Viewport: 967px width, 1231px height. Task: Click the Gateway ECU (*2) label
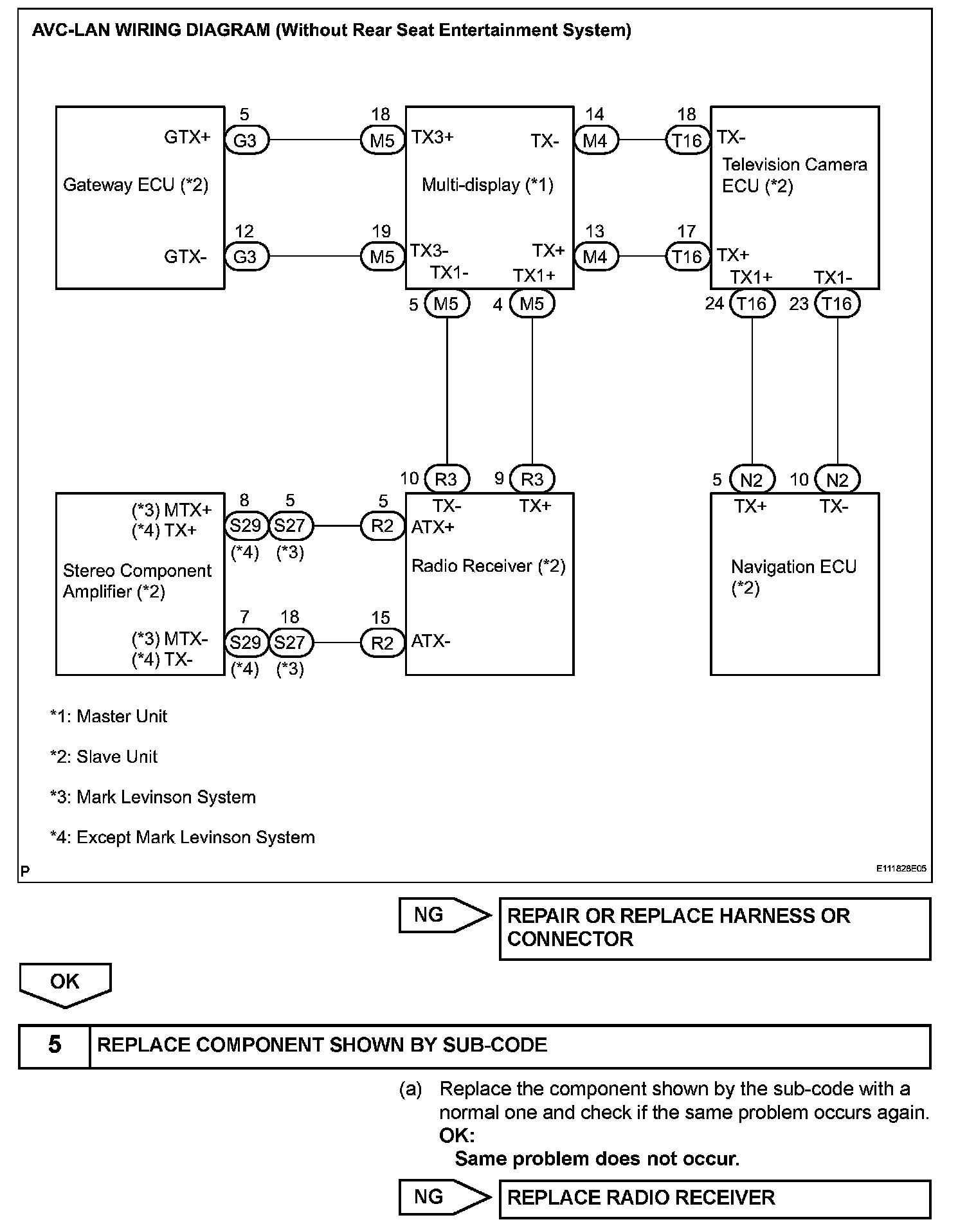pyautogui.click(x=136, y=185)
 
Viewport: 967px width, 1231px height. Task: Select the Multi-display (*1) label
pyautogui.click(x=487, y=185)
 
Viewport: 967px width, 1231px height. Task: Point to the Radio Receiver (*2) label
pyautogui.click(x=488, y=566)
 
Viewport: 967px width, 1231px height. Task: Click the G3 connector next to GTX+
pyautogui.click(x=246, y=140)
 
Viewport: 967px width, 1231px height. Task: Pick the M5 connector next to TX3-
pyautogui.click(x=383, y=257)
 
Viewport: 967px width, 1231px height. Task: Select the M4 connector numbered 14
pyautogui.click(x=595, y=140)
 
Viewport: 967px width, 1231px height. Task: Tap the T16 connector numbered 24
pyautogui.click(x=752, y=304)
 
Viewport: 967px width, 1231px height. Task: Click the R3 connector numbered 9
pyautogui.click(x=532, y=479)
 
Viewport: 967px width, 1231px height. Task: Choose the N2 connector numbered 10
pyautogui.click(x=837, y=479)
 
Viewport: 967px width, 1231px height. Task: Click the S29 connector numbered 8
pyautogui.click(x=246, y=526)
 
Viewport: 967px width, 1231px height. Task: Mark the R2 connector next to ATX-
pyautogui.click(x=383, y=643)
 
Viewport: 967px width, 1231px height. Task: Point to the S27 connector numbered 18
pyautogui.click(x=290, y=643)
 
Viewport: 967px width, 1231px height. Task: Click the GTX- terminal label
pyautogui.click(x=185, y=257)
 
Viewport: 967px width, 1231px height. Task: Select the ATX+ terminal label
pyautogui.click(x=433, y=527)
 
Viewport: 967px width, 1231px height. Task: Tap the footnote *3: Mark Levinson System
pyautogui.click(x=153, y=798)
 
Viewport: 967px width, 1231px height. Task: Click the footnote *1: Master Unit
pyautogui.click(x=109, y=716)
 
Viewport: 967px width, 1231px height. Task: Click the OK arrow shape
pyautogui.click(x=65, y=983)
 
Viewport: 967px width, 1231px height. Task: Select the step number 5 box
pyautogui.click(x=55, y=1045)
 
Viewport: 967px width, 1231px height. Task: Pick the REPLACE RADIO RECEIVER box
pyautogui.click(x=714, y=1198)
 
